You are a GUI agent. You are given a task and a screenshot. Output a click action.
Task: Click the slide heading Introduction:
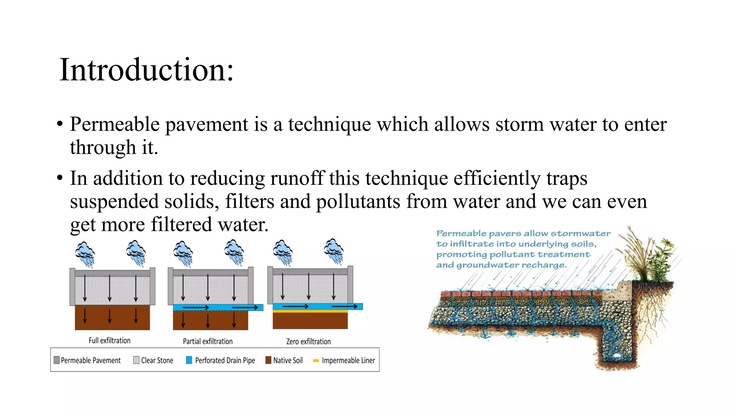(x=146, y=70)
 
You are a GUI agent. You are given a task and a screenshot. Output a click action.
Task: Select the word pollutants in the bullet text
(x=358, y=201)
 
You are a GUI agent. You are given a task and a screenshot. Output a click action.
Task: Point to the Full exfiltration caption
(x=109, y=341)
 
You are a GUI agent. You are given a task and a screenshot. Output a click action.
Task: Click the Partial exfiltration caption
(x=208, y=341)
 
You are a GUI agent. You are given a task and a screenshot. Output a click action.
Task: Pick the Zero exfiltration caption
(x=308, y=342)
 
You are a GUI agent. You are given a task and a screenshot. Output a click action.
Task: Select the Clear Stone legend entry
(x=153, y=360)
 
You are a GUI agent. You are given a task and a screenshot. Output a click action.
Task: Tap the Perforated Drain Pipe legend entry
(x=221, y=360)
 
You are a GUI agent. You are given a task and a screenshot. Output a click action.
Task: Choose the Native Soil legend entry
(x=284, y=360)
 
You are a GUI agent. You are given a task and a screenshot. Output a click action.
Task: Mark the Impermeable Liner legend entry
(x=344, y=360)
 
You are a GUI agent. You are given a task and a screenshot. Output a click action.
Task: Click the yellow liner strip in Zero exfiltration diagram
(x=310, y=312)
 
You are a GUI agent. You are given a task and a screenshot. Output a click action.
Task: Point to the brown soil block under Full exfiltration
(x=112, y=318)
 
